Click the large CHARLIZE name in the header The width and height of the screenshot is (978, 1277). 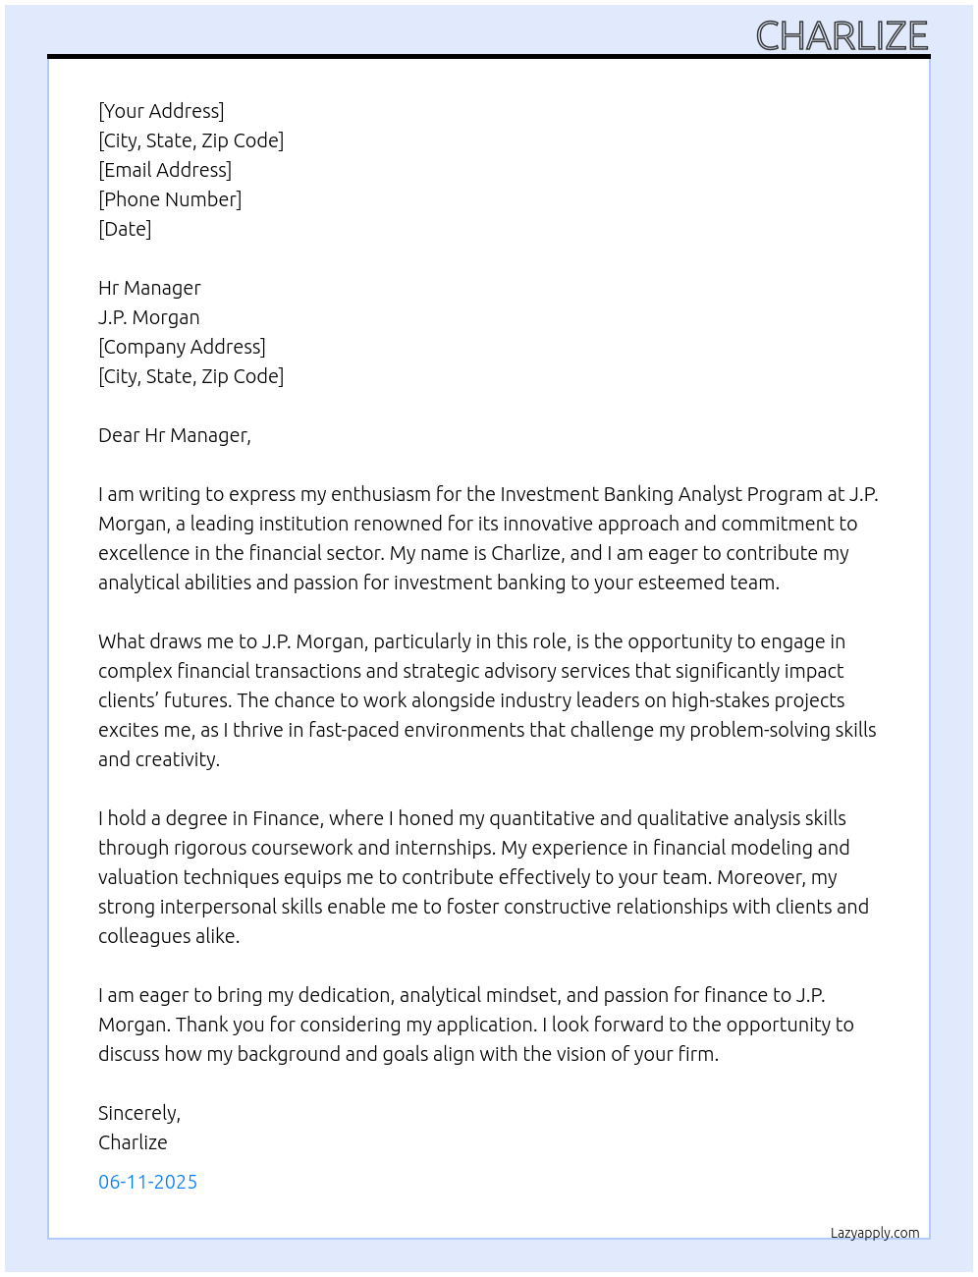pyautogui.click(x=842, y=35)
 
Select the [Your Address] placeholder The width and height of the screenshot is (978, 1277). pyautogui.click(x=161, y=111)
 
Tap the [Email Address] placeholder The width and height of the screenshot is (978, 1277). pyautogui.click(x=165, y=170)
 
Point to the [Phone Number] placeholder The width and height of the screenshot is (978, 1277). pyautogui.click(x=170, y=199)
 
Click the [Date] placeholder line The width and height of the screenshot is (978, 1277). pyautogui.click(x=125, y=229)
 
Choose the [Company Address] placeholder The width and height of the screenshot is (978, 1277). pyautogui.click(x=182, y=347)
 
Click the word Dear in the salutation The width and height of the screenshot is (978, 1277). pyautogui.click(x=119, y=435)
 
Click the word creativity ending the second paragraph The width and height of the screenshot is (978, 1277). pyautogui.click(x=177, y=759)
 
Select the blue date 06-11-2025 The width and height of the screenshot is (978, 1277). pyautogui.click(x=147, y=1182)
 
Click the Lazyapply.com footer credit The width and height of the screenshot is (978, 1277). pyautogui.click(x=875, y=1233)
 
